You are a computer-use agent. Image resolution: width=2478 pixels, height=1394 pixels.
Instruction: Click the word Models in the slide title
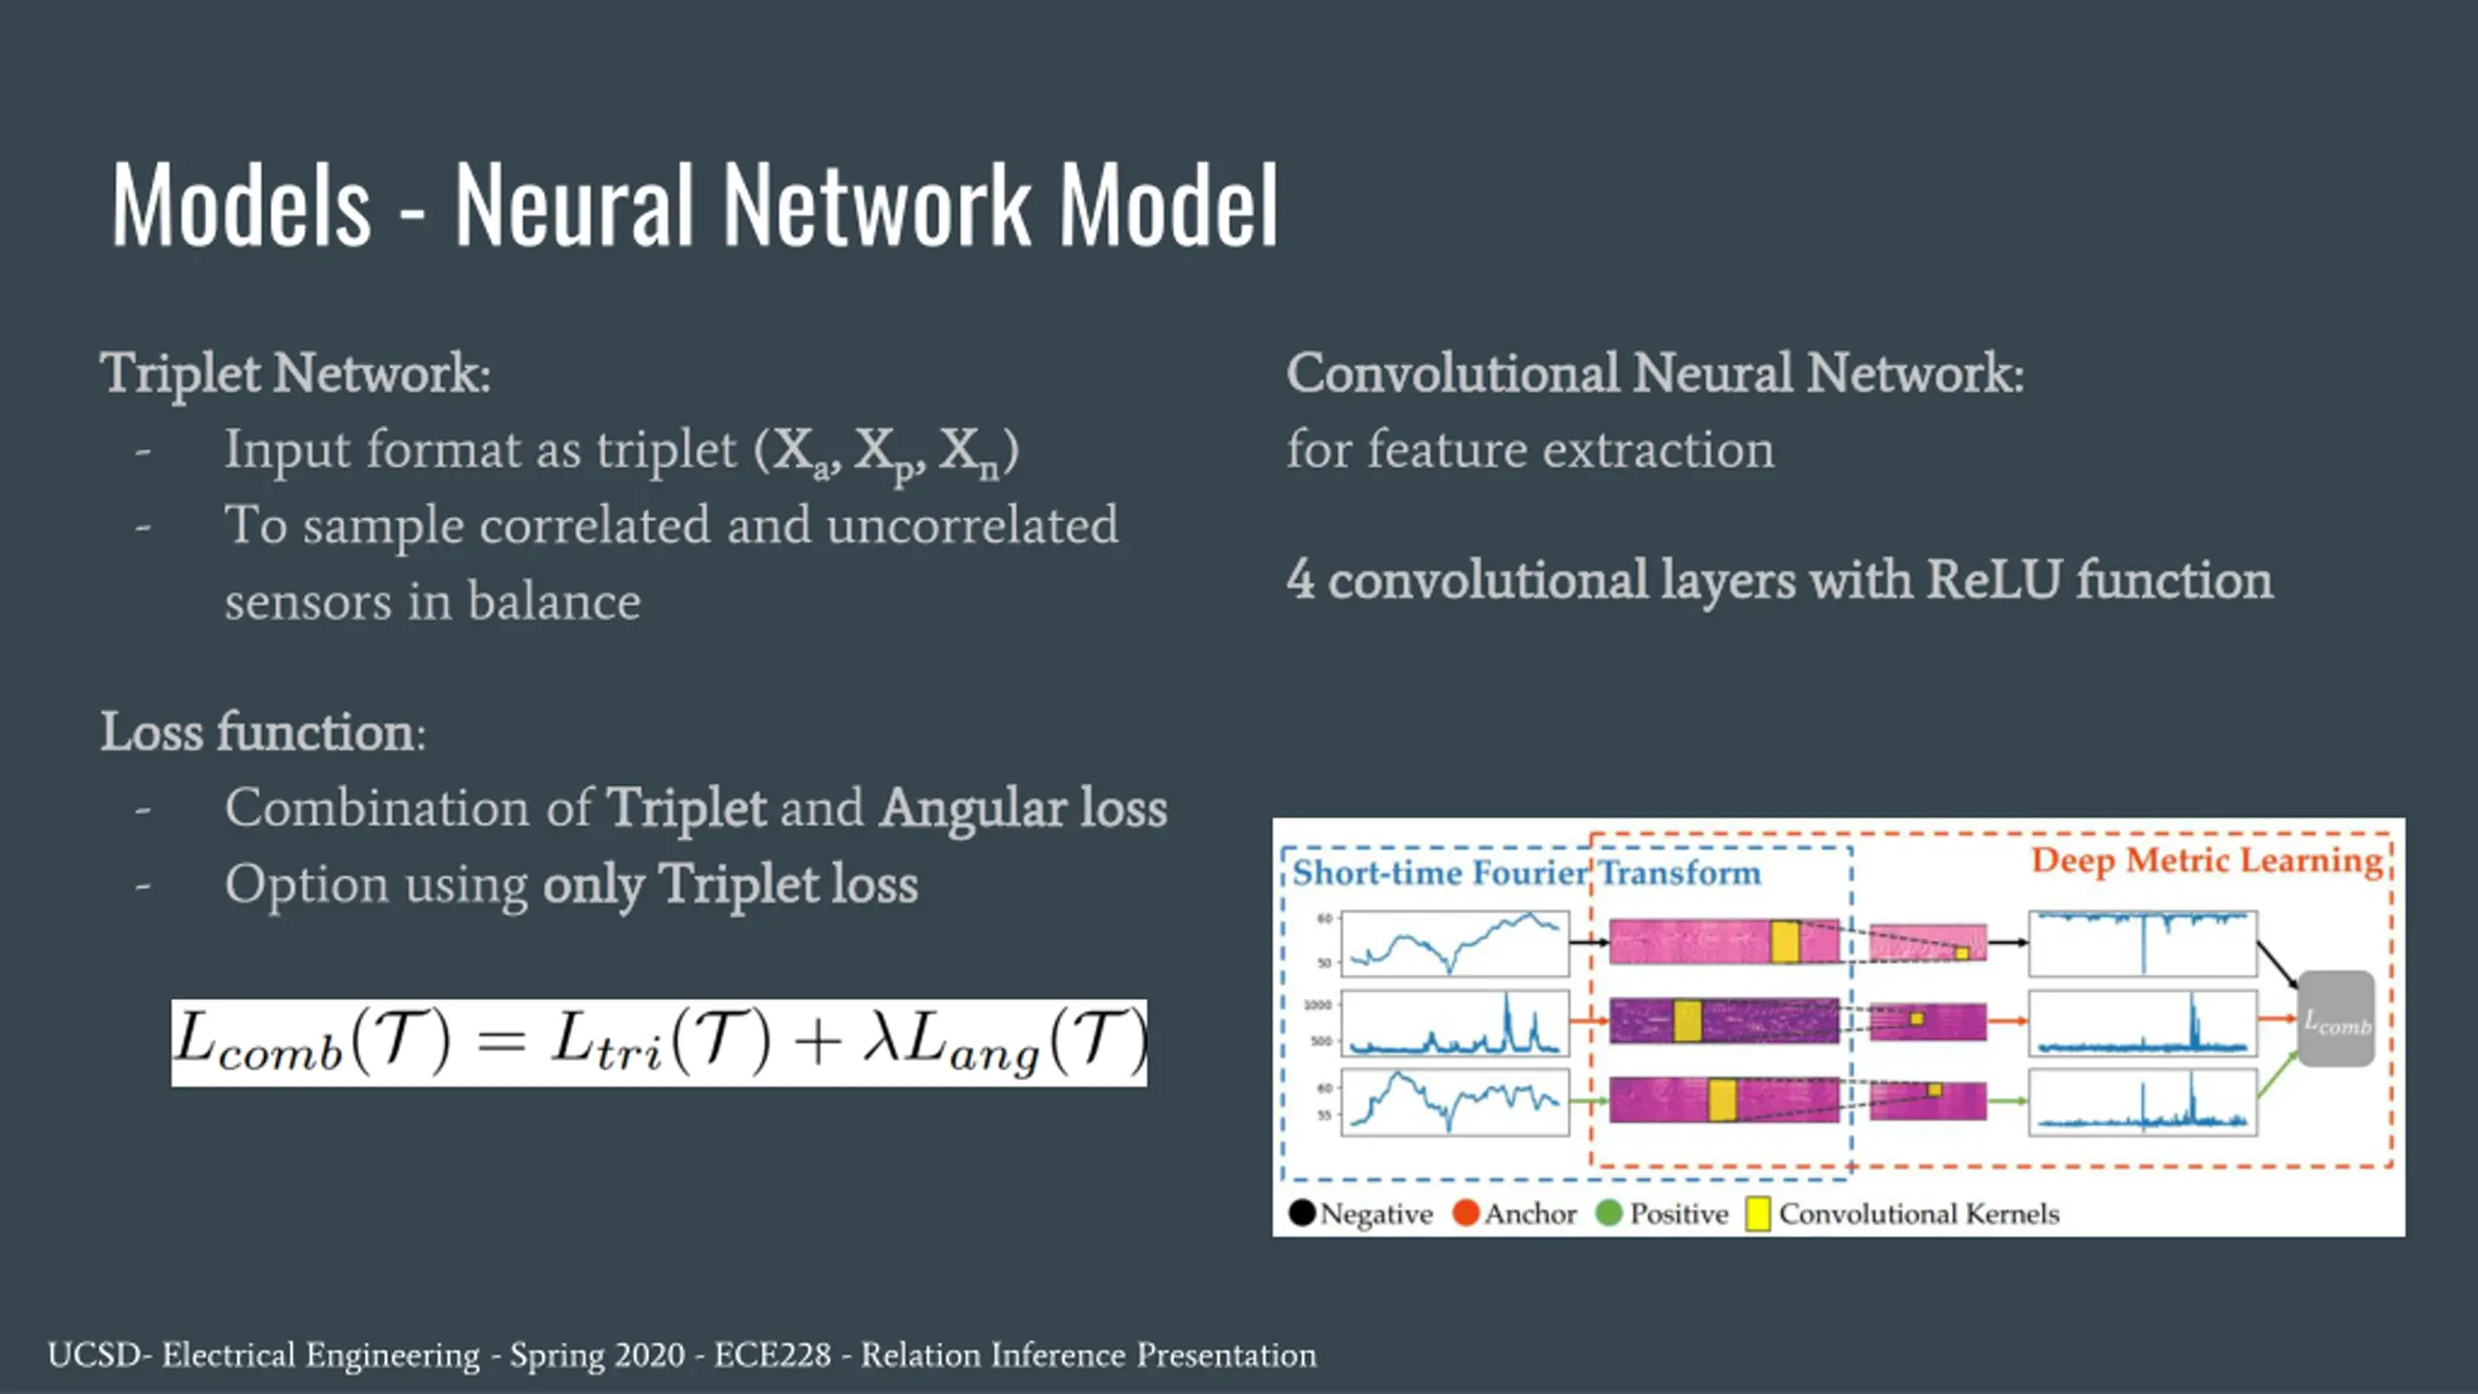[241, 205]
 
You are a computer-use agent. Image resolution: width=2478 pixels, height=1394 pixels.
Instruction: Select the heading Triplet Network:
[295, 374]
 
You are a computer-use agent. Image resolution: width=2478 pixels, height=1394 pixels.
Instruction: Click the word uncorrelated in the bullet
[972, 526]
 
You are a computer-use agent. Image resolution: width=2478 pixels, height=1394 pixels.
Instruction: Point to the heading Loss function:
[262, 732]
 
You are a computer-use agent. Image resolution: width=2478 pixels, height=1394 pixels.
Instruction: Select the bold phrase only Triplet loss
[730, 885]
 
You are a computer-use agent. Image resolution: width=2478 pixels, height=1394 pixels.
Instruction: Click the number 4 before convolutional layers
[1300, 579]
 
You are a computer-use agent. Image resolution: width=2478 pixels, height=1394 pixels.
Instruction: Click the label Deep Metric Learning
[2206, 861]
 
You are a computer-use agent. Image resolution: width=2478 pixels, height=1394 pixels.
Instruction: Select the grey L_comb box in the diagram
[2336, 1019]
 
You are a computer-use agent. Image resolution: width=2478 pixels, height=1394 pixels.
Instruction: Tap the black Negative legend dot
[1302, 1213]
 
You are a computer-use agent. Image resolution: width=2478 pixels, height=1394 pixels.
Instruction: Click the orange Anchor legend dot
[1466, 1213]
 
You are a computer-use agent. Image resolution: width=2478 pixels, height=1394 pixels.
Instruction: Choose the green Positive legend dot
[1609, 1213]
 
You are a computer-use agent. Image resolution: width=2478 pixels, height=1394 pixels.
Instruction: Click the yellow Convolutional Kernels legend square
[1758, 1214]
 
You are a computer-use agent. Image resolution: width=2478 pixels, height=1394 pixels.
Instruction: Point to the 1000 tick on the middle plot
[1317, 1005]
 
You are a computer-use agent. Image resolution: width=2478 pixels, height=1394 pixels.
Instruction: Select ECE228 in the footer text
[772, 1355]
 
